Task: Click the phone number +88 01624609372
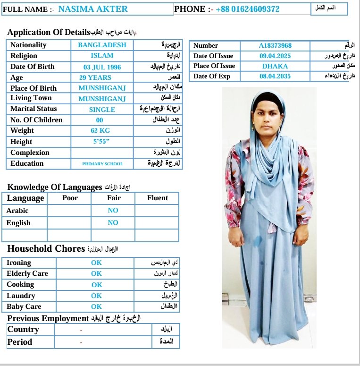coord(247,9)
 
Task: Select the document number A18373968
coord(275,45)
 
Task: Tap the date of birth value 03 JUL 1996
coord(102,67)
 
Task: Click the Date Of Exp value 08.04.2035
coord(275,77)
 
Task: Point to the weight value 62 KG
coord(100,131)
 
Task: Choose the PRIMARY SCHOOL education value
coord(102,164)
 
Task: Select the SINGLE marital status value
coord(102,110)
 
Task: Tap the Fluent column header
coord(157,198)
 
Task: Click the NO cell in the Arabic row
coord(113,211)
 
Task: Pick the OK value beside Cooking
coord(97,285)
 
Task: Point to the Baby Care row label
coord(24,306)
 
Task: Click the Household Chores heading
coord(46,249)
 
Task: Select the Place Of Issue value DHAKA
coord(275,66)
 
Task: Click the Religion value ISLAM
coord(102,56)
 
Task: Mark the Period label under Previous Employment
coord(20,342)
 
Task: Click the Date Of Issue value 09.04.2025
coord(275,56)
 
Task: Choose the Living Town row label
coord(32,98)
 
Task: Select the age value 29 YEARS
coord(95,77)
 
